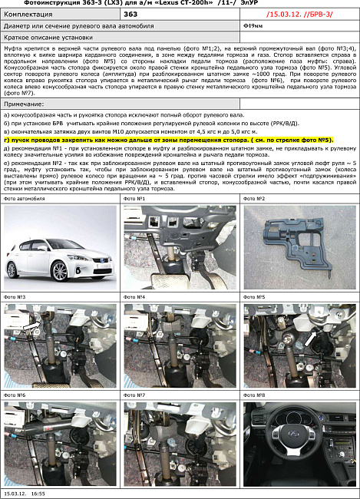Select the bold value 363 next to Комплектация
coord(131,14)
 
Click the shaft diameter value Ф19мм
coord(250,25)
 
